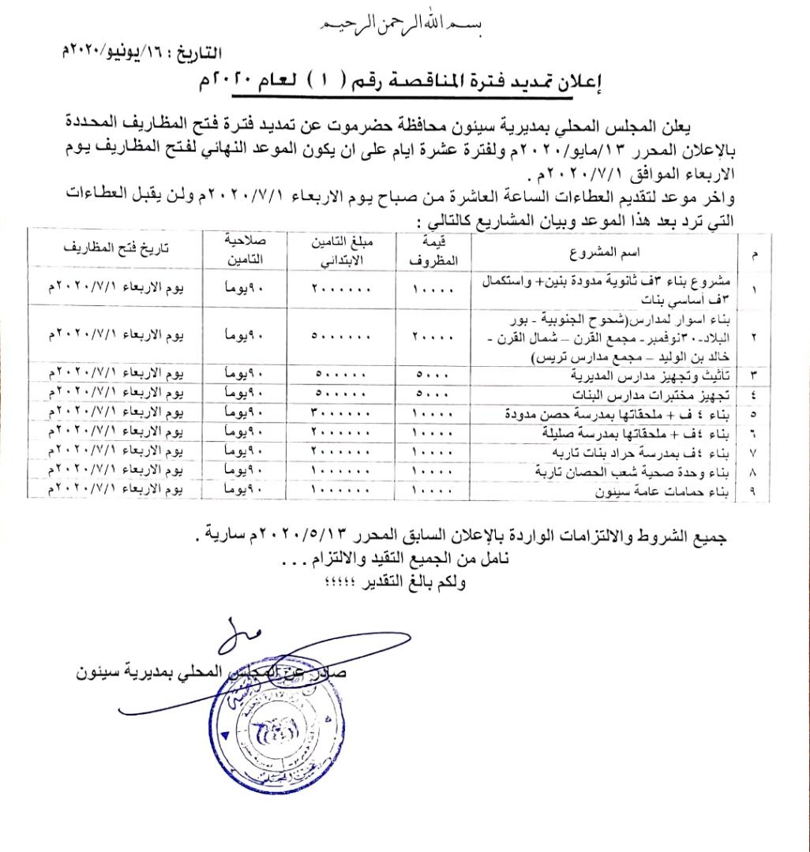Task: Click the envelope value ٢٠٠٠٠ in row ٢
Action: [433, 336]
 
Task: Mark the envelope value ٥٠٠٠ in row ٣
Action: [433, 374]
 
